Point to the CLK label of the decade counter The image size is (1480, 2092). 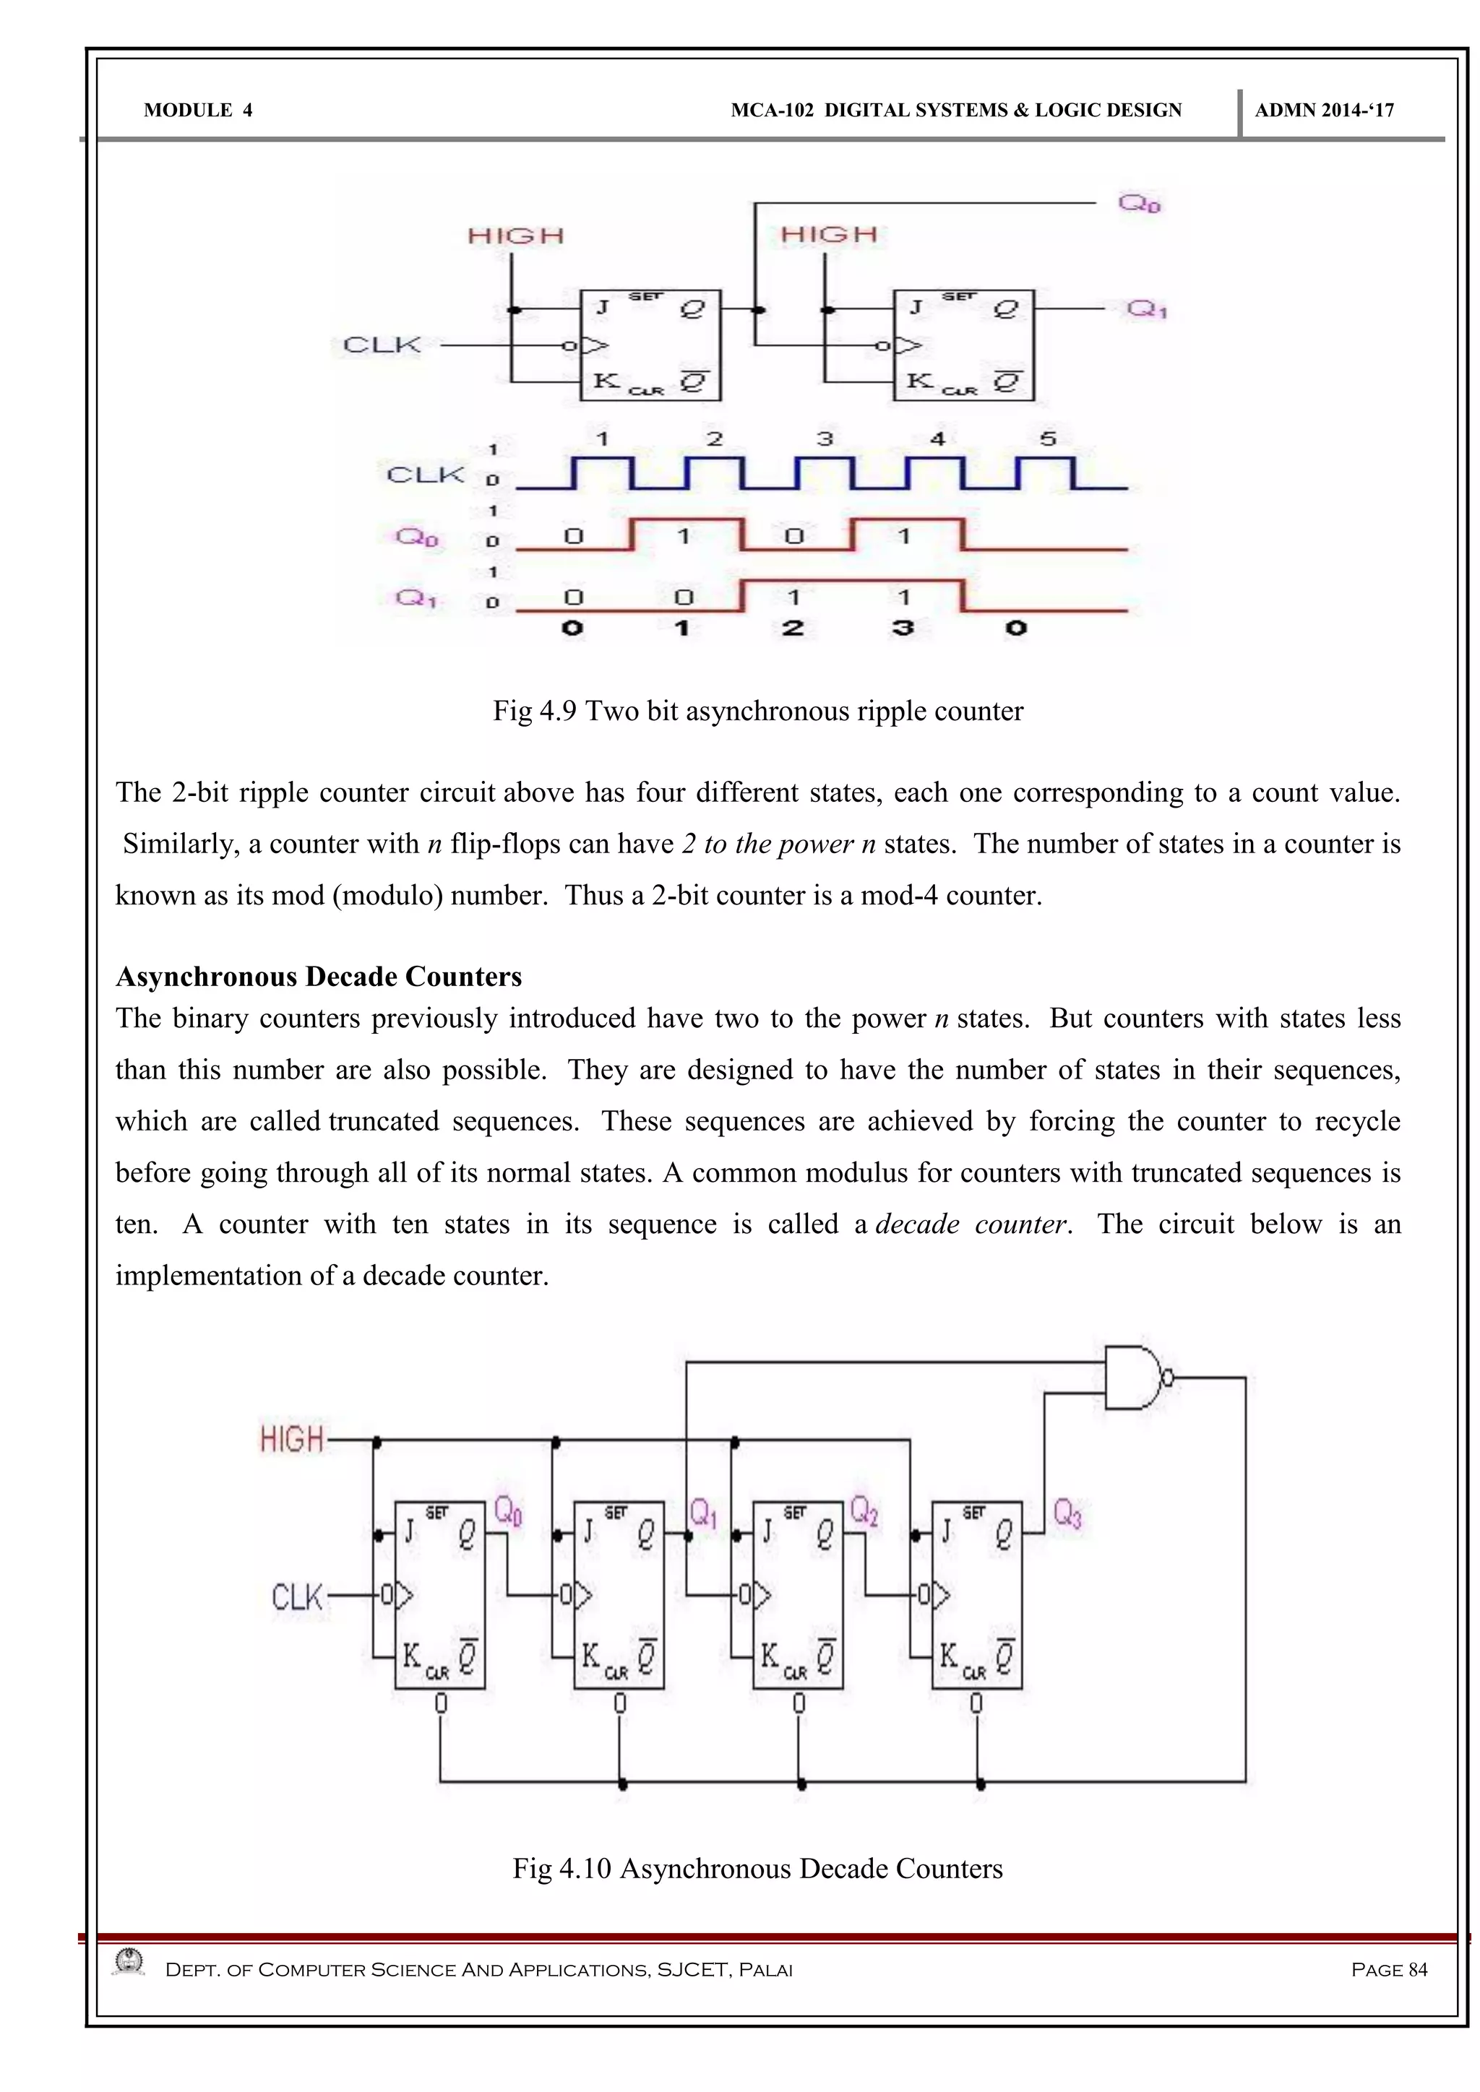pyautogui.click(x=297, y=1596)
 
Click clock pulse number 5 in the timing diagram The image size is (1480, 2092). pyautogui.click(x=1048, y=439)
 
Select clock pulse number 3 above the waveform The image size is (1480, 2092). pyautogui.click(x=825, y=439)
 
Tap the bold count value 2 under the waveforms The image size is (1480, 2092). pyautogui.click(x=793, y=628)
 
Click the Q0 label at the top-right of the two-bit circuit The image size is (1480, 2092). pyautogui.click(x=1139, y=203)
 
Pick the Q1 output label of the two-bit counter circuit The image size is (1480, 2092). pyautogui.click(x=1146, y=310)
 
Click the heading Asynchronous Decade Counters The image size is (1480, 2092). pyautogui.click(x=318, y=977)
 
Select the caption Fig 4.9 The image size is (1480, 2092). pyautogui.click(x=757, y=711)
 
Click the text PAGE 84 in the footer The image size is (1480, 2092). pyautogui.click(x=1389, y=1970)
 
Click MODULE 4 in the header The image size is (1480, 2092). pyautogui.click(x=198, y=111)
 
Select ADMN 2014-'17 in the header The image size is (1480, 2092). pyautogui.click(x=1324, y=111)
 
